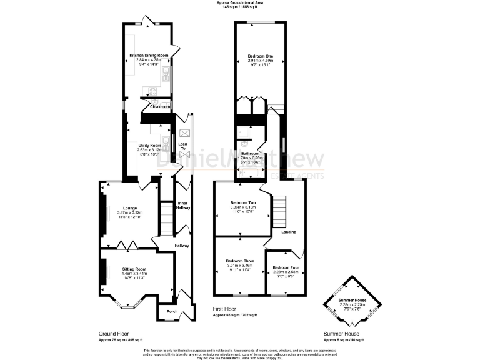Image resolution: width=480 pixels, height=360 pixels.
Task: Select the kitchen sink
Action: pyautogui.click(x=166, y=76)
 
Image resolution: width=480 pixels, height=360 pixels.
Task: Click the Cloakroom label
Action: pyautogui.click(x=160, y=107)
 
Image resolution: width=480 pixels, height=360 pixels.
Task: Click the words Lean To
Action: pyautogui.click(x=182, y=146)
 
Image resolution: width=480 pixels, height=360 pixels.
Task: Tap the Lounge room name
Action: pyautogui.click(x=126, y=209)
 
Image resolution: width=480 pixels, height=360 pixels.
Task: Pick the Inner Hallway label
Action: pyautogui.click(x=182, y=206)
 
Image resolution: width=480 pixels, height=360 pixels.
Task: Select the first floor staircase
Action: pyautogui.click(x=279, y=212)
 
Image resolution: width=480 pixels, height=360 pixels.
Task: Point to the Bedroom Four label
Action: pyautogui.click(x=286, y=267)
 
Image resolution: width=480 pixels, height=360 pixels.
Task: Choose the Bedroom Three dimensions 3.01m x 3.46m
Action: pyautogui.click(x=239, y=266)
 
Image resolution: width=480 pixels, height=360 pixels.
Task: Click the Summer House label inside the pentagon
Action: pyautogui.click(x=352, y=301)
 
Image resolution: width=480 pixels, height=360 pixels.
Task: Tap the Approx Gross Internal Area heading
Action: pyautogui.click(x=239, y=2)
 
